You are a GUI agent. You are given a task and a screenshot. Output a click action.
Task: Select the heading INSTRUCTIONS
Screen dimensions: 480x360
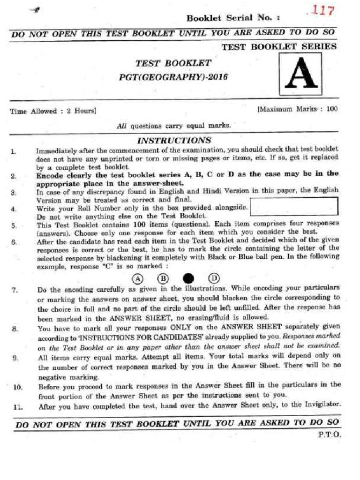coord(173,140)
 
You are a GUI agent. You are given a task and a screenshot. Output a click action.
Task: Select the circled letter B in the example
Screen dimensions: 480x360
coord(163,277)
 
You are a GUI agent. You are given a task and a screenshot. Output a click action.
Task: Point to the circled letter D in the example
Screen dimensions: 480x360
coord(214,277)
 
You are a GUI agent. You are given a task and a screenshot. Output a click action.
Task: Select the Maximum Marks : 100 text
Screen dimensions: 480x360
coord(297,109)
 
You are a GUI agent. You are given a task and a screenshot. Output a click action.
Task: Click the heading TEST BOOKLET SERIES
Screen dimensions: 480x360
coord(278,46)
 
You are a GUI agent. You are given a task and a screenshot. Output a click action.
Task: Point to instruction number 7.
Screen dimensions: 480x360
coord(15,290)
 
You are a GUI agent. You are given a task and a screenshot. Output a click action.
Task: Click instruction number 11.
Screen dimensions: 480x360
coord(18,407)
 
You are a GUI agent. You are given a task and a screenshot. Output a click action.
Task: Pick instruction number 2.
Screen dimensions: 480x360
coord(14,176)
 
